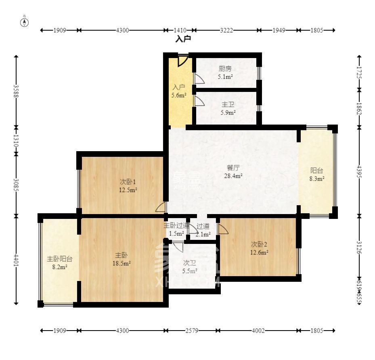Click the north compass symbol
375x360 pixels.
(25, 22)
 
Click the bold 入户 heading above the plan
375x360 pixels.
(183, 39)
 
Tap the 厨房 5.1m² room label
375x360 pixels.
(225, 72)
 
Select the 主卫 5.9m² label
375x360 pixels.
(228, 108)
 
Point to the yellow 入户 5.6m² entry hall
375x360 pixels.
(179, 92)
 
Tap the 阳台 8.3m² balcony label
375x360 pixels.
(316, 174)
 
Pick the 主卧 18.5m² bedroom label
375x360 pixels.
(122, 259)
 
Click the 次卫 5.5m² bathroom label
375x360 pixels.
(190, 267)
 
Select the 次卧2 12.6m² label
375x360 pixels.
(259, 248)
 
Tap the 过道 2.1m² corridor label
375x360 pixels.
(203, 230)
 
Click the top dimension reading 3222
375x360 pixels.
(226, 30)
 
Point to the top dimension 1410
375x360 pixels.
(180, 30)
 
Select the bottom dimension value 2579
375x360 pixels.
(192, 331)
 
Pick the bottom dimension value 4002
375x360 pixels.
(258, 331)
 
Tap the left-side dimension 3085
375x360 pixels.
(16, 185)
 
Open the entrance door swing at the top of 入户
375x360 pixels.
(182, 60)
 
